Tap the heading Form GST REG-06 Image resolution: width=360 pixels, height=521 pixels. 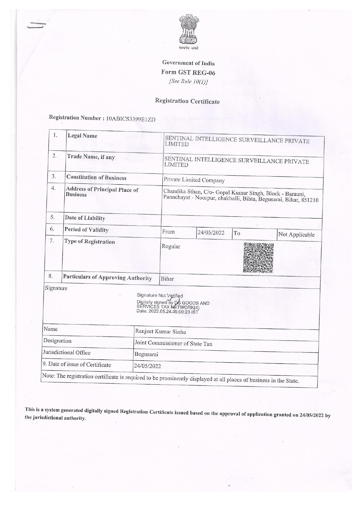(188, 72)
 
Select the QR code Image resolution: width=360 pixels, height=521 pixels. (258, 258)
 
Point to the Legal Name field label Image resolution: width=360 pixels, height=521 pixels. (82, 136)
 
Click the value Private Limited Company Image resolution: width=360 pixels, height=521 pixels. (194, 180)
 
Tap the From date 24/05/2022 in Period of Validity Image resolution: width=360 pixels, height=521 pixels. (211, 233)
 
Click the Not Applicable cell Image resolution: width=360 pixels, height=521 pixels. (296, 235)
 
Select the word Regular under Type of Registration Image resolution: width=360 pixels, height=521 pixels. (171, 246)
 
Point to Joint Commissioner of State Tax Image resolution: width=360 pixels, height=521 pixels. (173, 344)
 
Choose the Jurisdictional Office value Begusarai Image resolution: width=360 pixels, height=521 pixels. (146, 355)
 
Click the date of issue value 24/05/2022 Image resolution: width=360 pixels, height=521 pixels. (147, 366)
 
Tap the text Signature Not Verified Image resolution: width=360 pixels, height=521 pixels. (159, 295)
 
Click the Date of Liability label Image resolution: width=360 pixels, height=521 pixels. (85, 218)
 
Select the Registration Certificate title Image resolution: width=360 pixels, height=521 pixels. (187, 101)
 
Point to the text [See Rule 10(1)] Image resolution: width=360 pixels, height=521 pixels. (188, 82)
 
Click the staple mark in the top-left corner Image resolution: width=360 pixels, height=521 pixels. (36, 25)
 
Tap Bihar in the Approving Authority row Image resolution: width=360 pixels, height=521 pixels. (167, 279)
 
